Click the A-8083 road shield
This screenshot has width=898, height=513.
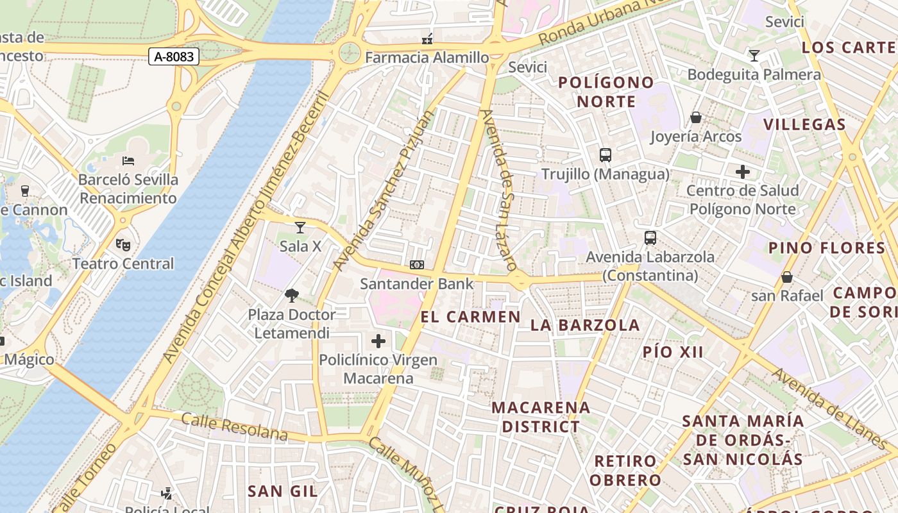click(174, 56)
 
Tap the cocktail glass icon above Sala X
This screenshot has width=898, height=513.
click(300, 227)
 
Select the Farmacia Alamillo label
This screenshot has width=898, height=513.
click(427, 58)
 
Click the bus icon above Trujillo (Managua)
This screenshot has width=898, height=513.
click(605, 155)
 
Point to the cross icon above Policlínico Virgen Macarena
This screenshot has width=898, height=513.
click(378, 341)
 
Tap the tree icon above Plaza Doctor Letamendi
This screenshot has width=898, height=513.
click(292, 296)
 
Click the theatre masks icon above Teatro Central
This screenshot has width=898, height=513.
click(123, 244)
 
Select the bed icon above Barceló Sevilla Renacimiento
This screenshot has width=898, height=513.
click(128, 160)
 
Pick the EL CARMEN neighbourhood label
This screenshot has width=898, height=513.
click(471, 317)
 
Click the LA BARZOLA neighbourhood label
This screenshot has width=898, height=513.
click(585, 325)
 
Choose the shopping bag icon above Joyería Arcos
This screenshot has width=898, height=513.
click(695, 117)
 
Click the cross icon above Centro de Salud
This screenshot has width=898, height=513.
click(742, 171)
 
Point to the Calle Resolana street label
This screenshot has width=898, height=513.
click(234, 426)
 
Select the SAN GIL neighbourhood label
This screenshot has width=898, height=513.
click(282, 491)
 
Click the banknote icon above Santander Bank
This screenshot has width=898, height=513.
click(417, 264)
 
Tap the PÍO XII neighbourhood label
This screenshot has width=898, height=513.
click(673, 352)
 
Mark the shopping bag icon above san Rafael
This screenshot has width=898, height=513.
click(786, 276)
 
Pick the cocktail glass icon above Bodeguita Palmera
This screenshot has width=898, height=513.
click(754, 56)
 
